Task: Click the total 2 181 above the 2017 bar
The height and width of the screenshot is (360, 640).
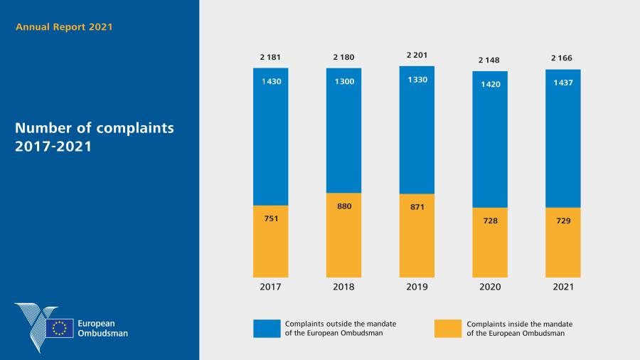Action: pyautogui.click(x=270, y=58)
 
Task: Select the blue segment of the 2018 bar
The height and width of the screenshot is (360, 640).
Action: pyautogui.click(x=343, y=135)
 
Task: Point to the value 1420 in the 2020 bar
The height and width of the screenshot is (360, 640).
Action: pyautogui.click(x=490, y=83)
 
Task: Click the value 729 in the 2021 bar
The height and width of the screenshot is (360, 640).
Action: pyautogui.click(x=563, y=221)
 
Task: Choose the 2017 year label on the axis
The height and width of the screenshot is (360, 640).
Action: pyautogui.click(x=270, y=287)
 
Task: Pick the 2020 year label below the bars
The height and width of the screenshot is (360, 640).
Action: pyautogui.click(x=490, y=287)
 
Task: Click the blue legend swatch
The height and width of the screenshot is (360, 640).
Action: pyautogui.click(x=267, y=328)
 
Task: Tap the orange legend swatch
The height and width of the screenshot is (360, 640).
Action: pyautogui.click(x=447, y=328)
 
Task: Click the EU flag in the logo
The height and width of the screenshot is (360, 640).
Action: pyautogui.click(x=60, y=328)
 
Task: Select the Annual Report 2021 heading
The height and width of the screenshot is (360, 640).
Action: pyautogui.click(x=64, y=27)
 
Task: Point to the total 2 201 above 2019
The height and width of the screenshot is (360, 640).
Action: pyautogui.click(x=417, y=55)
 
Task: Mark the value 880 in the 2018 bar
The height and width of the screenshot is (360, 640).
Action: pyautogui.click(x=343, y=206)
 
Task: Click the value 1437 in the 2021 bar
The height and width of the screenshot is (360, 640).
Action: pyautogui.click(x=563, y=82)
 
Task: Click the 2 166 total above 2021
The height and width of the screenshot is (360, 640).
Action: pyautogui.click(x=563, y=58)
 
